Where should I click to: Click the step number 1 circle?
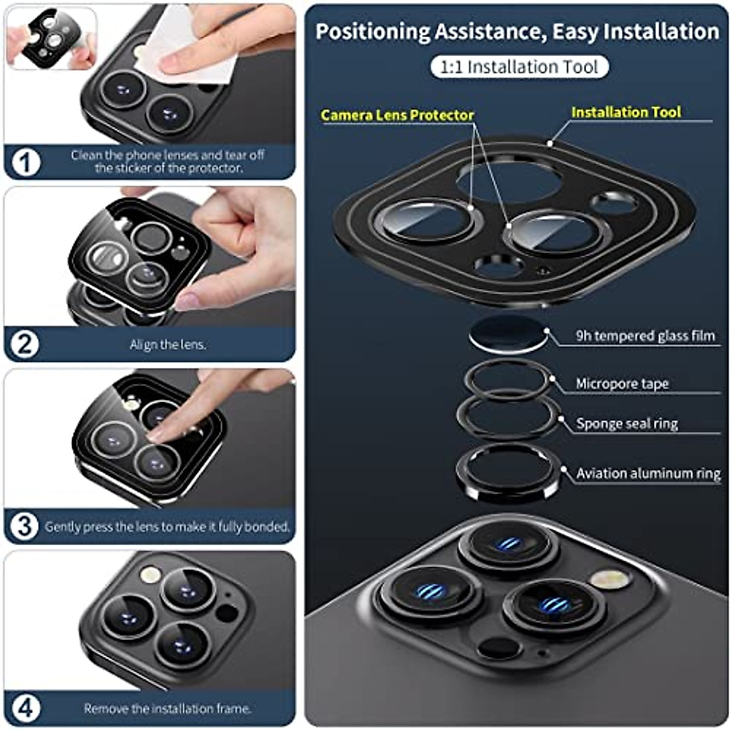click(26, 162)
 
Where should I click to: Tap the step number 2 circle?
click(25, 344)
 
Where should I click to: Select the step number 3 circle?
click(25, 526)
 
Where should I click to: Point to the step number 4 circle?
click(26, 708)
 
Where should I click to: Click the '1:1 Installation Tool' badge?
click(519, 67)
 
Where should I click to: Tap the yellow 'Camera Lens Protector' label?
click(397, 114)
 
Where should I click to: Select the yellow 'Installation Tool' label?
click(626, 112)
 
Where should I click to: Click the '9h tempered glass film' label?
click(645, 336)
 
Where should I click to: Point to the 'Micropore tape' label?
click(622, 384)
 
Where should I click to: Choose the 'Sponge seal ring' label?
click(627, 423)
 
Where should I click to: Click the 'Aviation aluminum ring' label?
click(648, 473)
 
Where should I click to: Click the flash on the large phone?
click(609, 579)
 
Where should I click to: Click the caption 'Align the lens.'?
click(168, 344)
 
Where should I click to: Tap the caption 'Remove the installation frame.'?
click(167, 708)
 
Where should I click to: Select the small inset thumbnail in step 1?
click(52, 38)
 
